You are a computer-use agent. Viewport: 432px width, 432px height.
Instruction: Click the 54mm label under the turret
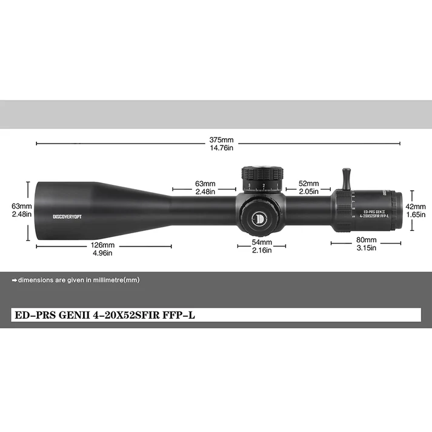(x=262, y=242)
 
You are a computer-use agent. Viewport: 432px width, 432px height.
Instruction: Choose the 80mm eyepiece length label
(x=365, y=239)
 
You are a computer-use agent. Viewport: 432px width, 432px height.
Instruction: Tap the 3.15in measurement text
(x=365, y=248)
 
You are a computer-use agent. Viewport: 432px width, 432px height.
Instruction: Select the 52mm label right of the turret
(x=308, y=184)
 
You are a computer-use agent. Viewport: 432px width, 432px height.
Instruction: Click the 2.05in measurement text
(x=308, y=191)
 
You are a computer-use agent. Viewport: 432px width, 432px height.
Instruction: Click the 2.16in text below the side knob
(x=262, y=250)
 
